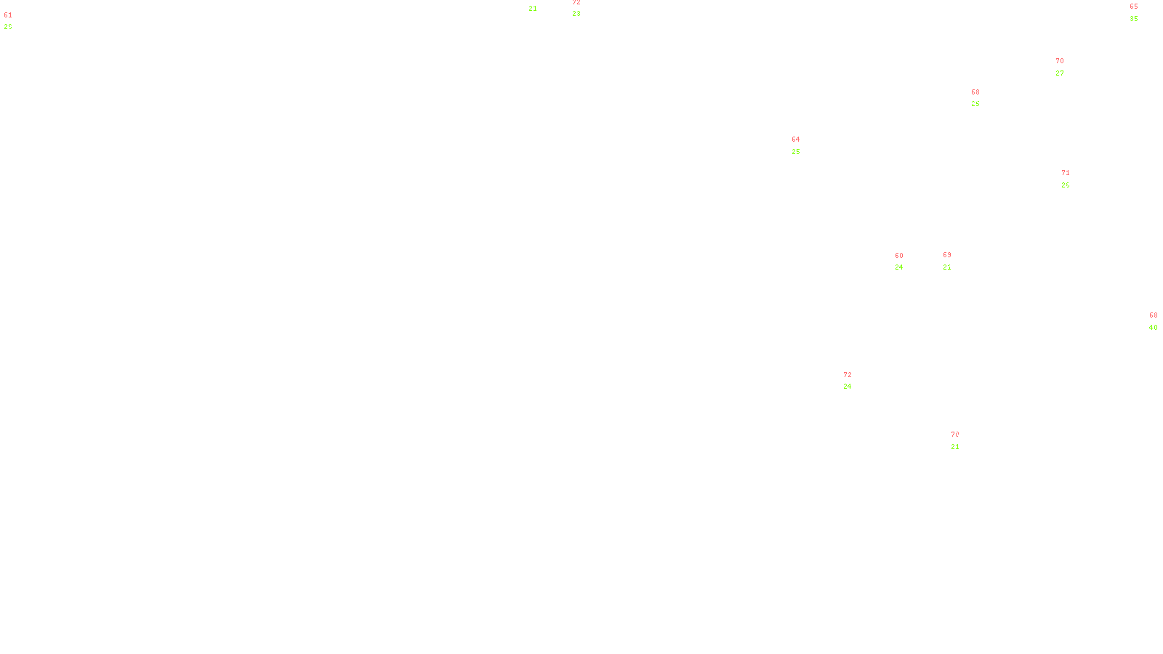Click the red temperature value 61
[8, 15]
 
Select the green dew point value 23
[576, 14]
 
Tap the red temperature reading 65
[1134, 7]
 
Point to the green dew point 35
[1134, 19]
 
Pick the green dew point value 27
[1060, 73]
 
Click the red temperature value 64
[796, 140]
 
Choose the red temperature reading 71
[1066, 173]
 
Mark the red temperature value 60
[899, 256]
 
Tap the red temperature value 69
[947, 255]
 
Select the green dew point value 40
[1154, 328]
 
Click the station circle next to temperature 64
[802, 145]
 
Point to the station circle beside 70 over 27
[1067, 67]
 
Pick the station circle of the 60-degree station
[906, 262]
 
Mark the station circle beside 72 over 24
[855, 381]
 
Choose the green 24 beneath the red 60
[899, 267]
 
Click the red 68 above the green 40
[1154, 315]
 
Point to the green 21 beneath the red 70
[955, 447]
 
